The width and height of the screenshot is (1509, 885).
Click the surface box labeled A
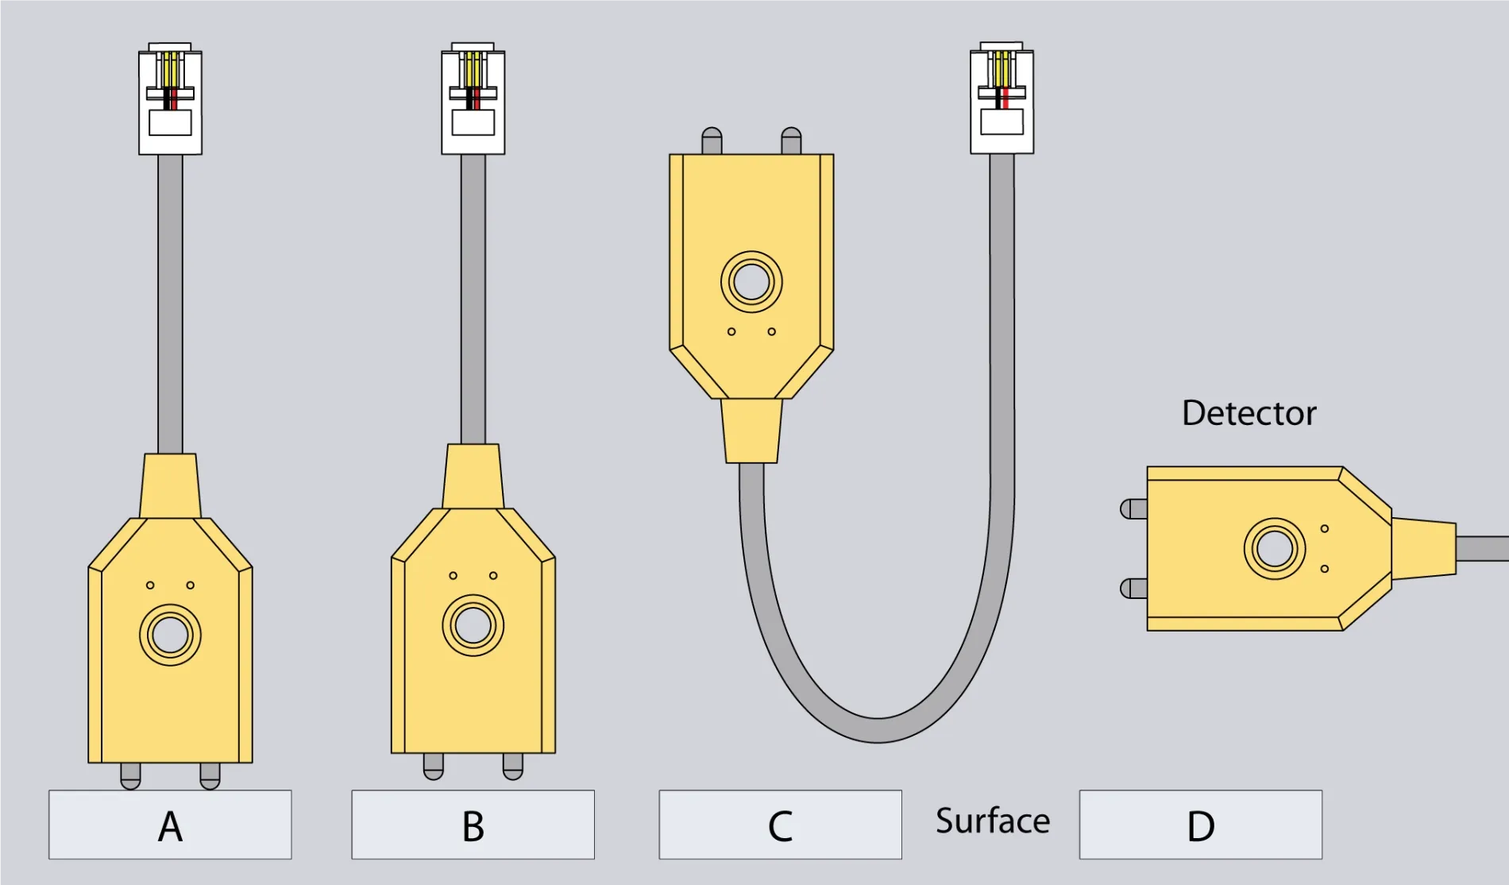tap(170, 825)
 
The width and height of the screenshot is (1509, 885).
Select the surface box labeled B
tap(473, 825)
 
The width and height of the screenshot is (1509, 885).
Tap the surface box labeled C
tap(780, 825)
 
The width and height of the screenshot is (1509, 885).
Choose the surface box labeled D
tap(1200, 825)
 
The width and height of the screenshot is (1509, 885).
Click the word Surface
tap(992, 821)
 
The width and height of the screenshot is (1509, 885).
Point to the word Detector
tap(1248, 413)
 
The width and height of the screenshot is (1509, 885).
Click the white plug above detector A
tap(170, 99)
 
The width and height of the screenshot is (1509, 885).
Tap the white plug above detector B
tap(473, 99)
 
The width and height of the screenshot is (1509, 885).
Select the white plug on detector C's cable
tap(1001, 99)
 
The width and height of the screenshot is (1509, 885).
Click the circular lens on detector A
tap(170, 635)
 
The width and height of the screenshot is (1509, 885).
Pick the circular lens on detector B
tap(473, 625)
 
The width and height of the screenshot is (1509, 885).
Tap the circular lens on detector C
tap(751, 281)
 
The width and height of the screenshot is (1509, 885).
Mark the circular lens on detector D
tap(1275, 549)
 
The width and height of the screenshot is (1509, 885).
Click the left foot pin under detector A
tap(130, 775)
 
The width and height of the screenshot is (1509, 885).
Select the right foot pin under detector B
tap(513, 766)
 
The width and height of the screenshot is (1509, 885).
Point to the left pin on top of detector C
tap(712, 141)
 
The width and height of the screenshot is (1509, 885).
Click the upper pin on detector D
tap(1133, 508)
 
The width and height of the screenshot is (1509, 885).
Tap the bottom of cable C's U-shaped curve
tap(878, 729)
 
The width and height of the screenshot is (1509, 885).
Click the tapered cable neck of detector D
tap(1424, 548)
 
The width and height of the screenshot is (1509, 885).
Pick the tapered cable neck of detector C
tap(751, 431)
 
